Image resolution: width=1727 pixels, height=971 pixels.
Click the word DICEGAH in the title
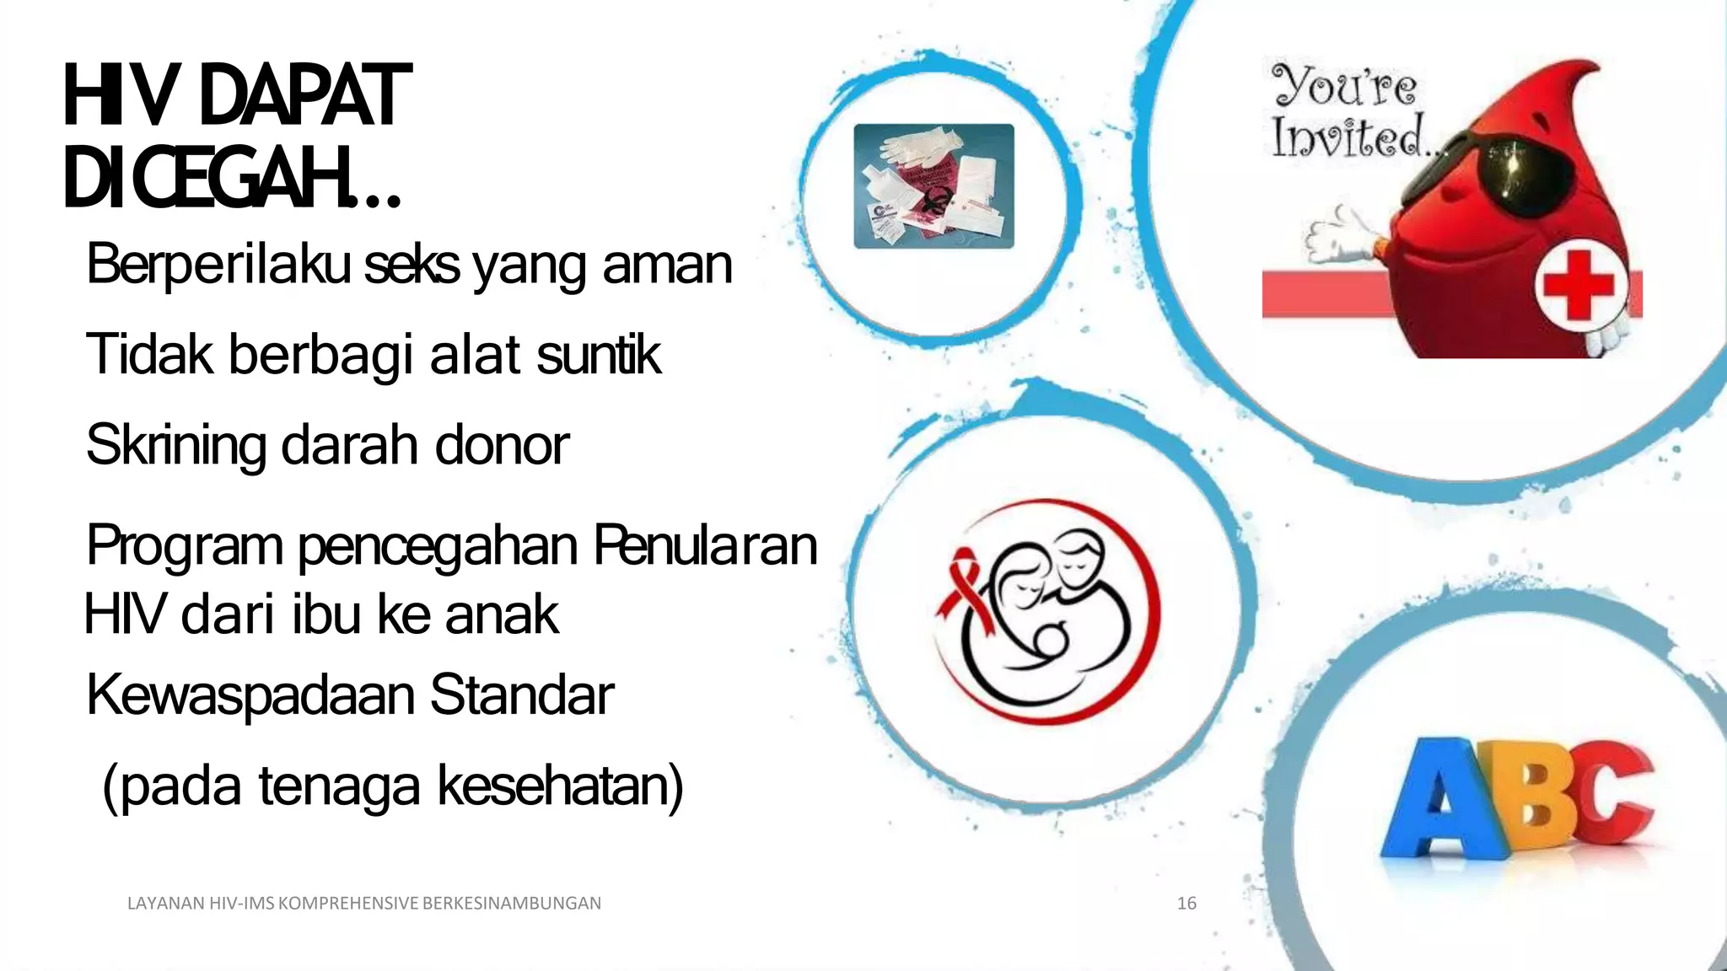click(207, 179)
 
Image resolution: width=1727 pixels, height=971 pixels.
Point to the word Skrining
click(175, 446)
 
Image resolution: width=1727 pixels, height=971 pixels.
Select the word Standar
click(522, 695)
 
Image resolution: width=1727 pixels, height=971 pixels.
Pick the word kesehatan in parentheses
click(560, 786)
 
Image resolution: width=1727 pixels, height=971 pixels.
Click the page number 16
click(1186, 904)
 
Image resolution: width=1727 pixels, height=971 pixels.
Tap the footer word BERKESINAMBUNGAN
click(511, 904)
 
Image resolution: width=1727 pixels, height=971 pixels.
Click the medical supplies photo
click(933, 186)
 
